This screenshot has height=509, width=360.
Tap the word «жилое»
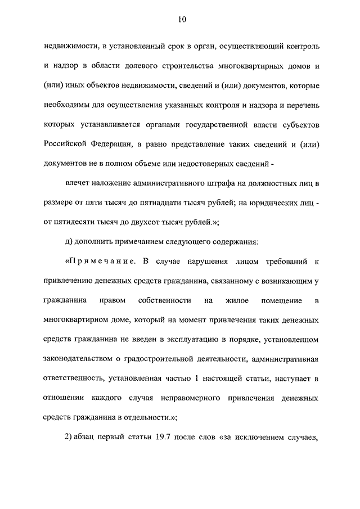coord(236,301)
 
